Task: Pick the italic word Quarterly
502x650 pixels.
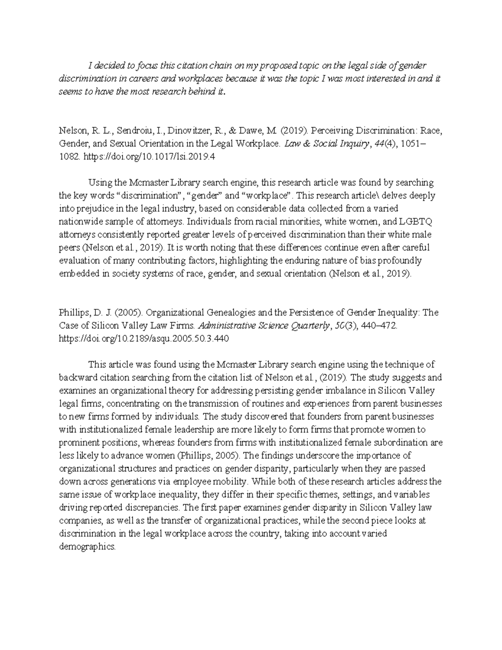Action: pyautogui.click(x=306, y=326)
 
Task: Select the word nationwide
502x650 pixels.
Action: pyautogui.click(x=81, y=221)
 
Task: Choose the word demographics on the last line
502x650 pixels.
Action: pyautogui.click(x=87, y=546)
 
